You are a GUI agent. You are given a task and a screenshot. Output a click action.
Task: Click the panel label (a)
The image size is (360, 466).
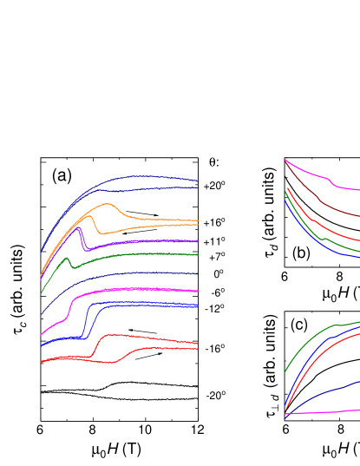click(x=62, y=175)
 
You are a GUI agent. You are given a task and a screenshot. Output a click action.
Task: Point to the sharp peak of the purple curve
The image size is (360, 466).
click(x=79, y=228)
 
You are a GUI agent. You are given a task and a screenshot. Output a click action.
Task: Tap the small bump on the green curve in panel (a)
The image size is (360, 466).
click(x=69, y=261)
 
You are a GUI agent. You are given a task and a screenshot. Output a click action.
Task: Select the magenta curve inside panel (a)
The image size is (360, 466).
click(x=130, y=292)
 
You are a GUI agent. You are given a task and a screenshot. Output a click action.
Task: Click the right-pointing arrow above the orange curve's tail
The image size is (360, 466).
click(x=141, y=212)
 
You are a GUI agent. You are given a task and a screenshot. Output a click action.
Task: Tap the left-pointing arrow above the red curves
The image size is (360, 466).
click(x=142, y=331)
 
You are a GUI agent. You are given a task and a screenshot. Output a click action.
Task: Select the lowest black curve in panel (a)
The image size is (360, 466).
click(x=130, y=399)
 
